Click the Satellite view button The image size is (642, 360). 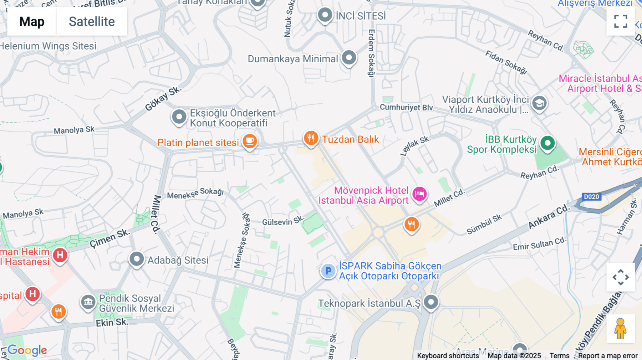click(x=92, y=21)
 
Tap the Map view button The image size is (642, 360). click(x=32, y=21)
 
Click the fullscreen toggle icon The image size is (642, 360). click(x=621, y=21)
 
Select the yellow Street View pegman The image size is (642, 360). click(x=620, y=328)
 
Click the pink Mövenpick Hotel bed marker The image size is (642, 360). click(x=419, y=194)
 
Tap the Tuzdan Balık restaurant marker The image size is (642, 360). click(x=311, y=138)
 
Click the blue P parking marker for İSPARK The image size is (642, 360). click(x=328, y=271)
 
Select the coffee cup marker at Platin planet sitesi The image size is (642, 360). click(x=250, y=141)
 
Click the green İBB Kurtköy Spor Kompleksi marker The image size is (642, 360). click(x=547, y=143)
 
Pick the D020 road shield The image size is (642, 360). click(x=591, y=197)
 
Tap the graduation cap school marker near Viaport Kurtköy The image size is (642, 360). click(x=539, y=103)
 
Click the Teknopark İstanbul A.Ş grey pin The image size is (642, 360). click(x=431, y=302)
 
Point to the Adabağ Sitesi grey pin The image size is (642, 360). click(x=137, y=259)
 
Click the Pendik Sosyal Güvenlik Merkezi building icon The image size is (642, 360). click(x=88, y=302)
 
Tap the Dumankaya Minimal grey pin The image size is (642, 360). click(x=349, y=57)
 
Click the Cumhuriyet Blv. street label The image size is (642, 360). click(x=407, y=107)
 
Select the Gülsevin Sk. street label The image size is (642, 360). click(x=283, y=221)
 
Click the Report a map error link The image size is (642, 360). click(x=607, y=356)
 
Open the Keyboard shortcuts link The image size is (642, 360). click(x=448, y=356)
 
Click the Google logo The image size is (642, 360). click(x=27, y=350)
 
